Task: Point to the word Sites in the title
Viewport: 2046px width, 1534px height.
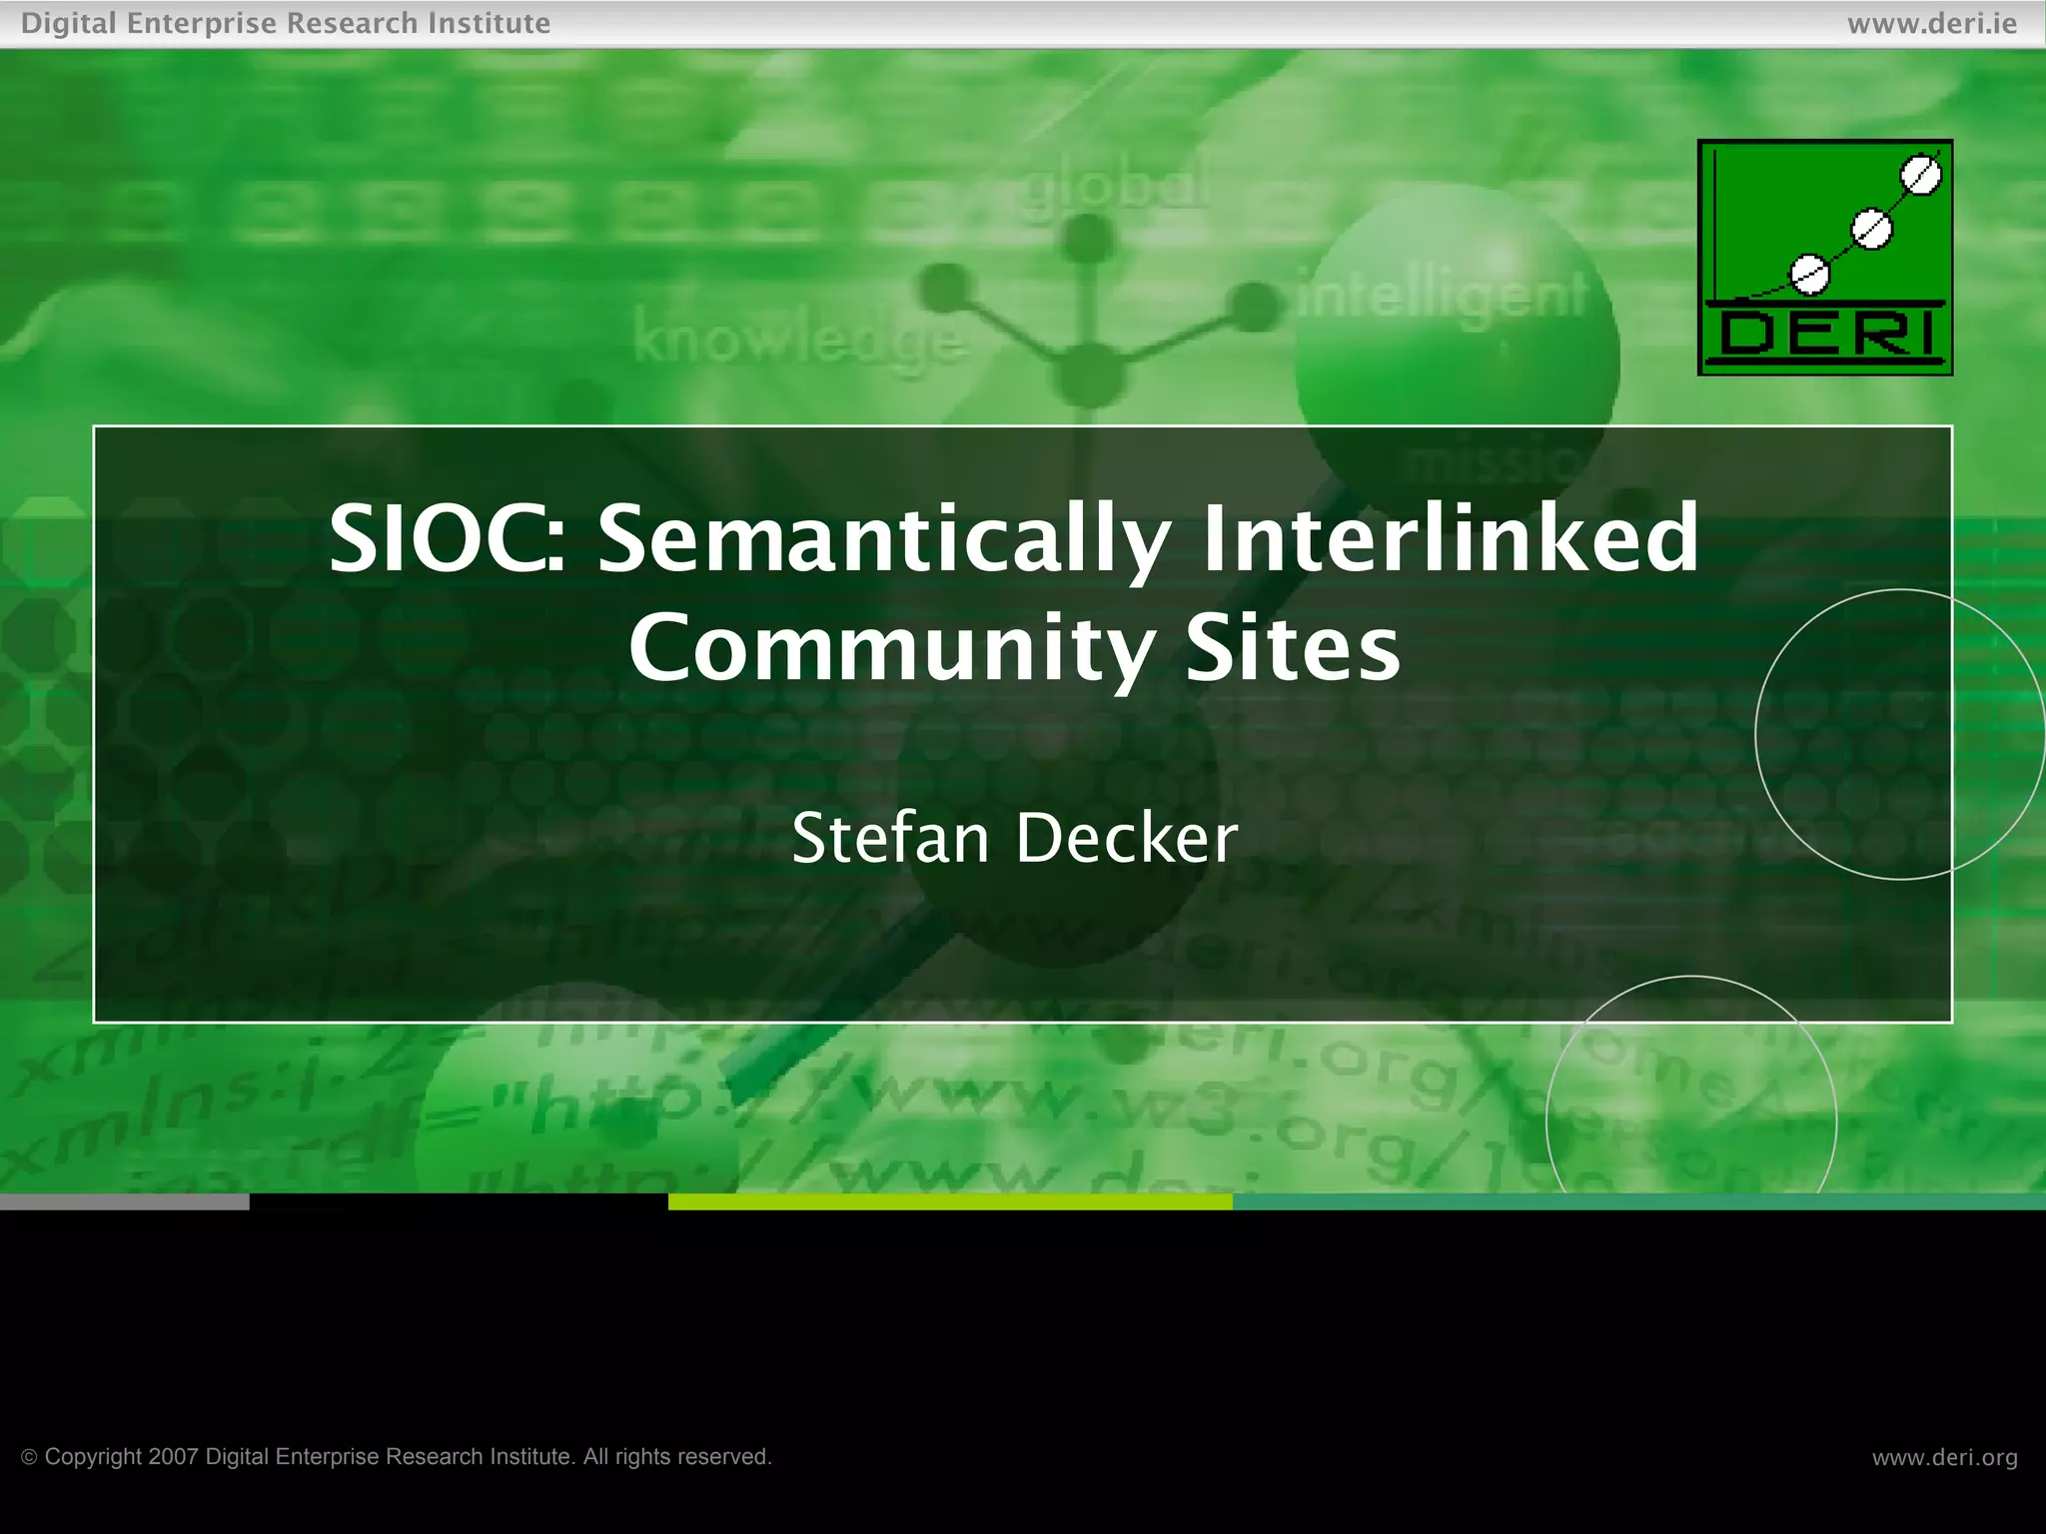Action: point(1293,649)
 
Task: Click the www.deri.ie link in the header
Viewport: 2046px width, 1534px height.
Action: point(1932,23)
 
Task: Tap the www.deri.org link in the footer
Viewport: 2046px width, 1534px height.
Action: point(1944,1457)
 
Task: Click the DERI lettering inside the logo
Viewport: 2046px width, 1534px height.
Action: point(1825,334)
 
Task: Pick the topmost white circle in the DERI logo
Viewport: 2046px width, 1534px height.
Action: point(1921,176)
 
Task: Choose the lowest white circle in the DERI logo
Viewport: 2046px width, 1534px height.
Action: point(1809,274)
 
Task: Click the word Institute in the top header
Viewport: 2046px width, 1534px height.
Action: point(489,23)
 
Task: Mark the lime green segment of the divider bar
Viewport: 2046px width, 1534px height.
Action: point(949,1201)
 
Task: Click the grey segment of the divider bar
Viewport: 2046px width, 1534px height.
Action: point(124,1201)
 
